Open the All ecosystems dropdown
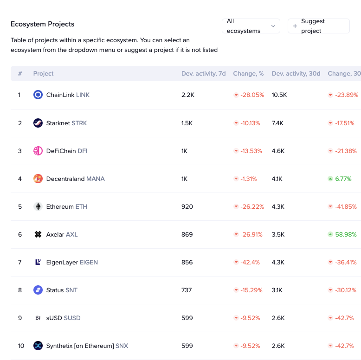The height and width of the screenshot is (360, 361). (251, 26)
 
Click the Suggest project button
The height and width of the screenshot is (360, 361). (318, 26)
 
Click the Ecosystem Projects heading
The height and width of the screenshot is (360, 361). (43, 24)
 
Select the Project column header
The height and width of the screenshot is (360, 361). (43, 73)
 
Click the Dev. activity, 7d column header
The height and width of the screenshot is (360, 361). (203, 73)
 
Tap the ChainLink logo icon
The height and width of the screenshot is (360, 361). (38, 95)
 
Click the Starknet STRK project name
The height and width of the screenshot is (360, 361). (66, 123)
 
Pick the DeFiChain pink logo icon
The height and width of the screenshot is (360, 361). (38, 151)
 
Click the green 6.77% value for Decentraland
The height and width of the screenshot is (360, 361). (343, 179)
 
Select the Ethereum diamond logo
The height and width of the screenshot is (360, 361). (38, 206)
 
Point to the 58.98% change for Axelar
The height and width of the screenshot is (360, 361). (346, 234)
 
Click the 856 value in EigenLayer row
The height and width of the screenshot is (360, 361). (187, 262)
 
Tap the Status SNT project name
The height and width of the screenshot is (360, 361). (62, 290)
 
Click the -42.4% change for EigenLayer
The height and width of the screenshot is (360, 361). (250, 262)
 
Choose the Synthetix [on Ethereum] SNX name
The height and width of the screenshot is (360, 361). (87, 346)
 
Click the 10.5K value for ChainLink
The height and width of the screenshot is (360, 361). (279, 95)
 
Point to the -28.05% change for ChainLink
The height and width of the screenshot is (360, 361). (252, 95)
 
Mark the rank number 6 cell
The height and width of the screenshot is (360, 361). (20, 234)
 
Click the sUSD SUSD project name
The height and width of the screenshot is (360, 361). (63, 318)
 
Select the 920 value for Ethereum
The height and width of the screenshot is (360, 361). (187, 206)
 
